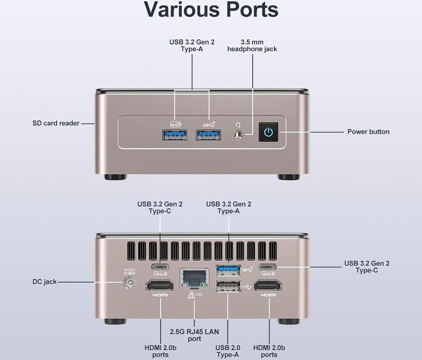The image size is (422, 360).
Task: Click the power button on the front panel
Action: [268, 132]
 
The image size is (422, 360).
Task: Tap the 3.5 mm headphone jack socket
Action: [238, 134]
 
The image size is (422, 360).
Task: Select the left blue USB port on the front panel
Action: [175, 135]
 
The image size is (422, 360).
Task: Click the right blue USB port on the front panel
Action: [208, 135]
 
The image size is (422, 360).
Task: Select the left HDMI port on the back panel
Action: [160, 285]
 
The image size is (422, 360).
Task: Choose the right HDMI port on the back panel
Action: [267, 285]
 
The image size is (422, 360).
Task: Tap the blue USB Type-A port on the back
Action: [228, 270]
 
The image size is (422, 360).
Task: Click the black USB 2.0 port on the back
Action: [228, 286]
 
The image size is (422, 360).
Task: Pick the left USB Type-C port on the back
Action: [160, 266]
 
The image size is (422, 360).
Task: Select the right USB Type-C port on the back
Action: [267, 266]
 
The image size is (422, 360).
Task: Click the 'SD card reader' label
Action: [56, 123]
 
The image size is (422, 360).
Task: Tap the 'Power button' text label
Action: [368, 132]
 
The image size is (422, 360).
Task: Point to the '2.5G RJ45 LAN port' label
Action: [195, 335]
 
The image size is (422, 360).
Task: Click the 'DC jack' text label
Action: [45, 282]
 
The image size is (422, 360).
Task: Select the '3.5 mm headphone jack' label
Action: [252, 45]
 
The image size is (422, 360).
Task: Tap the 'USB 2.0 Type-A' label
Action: [228, 351]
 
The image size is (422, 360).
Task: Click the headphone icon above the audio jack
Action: [238, 125]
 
